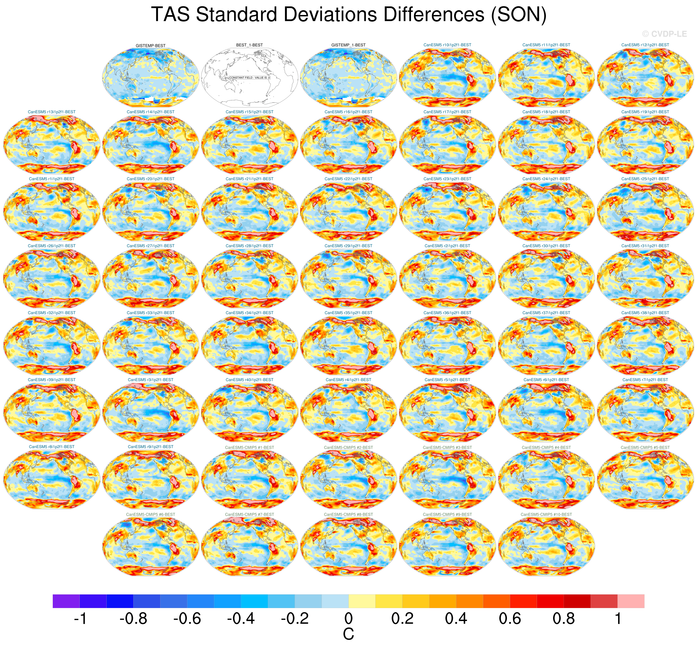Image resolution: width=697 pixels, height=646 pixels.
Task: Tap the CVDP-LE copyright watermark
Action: point(664,34)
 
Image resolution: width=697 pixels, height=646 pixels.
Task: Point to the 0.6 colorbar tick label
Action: point(510,619)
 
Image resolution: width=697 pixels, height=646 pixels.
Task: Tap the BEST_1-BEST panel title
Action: point(249,45)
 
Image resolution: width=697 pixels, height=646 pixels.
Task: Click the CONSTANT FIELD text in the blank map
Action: point(249,78)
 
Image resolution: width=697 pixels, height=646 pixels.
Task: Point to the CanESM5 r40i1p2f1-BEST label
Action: point(249,380)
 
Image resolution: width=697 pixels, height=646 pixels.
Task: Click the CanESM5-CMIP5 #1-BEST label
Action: point(249,447)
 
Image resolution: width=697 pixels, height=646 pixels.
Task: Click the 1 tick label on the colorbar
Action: point(618,619)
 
